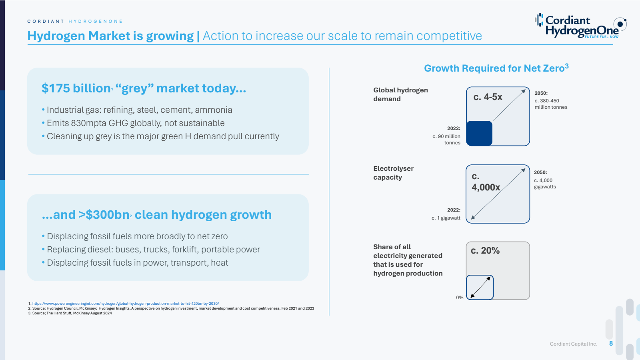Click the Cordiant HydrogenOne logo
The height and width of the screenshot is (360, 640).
coord(580,26)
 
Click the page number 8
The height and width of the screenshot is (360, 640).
coord(611,344)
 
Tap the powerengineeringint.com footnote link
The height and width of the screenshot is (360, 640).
coord(126,304)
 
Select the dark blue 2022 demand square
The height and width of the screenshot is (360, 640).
coord(479,134)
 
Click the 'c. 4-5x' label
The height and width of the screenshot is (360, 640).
coord(488,97)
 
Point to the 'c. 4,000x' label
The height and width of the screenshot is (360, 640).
coord(486,182)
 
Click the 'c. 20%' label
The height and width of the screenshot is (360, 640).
coord(485,250)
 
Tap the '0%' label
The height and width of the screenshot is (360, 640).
coord(460,298)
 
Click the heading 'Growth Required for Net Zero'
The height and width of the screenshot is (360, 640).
coord(496,68)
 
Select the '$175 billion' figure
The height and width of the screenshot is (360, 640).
coord(76,88)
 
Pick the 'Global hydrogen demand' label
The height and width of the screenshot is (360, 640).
coord(400,94)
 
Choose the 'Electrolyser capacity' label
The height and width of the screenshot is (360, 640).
coord(394,173)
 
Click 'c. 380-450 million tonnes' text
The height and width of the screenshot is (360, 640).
coord(551,104)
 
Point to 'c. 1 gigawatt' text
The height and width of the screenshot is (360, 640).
coord(446,218)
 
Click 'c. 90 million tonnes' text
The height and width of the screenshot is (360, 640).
coord(446,140)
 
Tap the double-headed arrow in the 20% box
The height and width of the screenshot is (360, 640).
coord(480,288)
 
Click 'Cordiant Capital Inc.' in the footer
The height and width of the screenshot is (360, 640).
coord(574,344)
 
